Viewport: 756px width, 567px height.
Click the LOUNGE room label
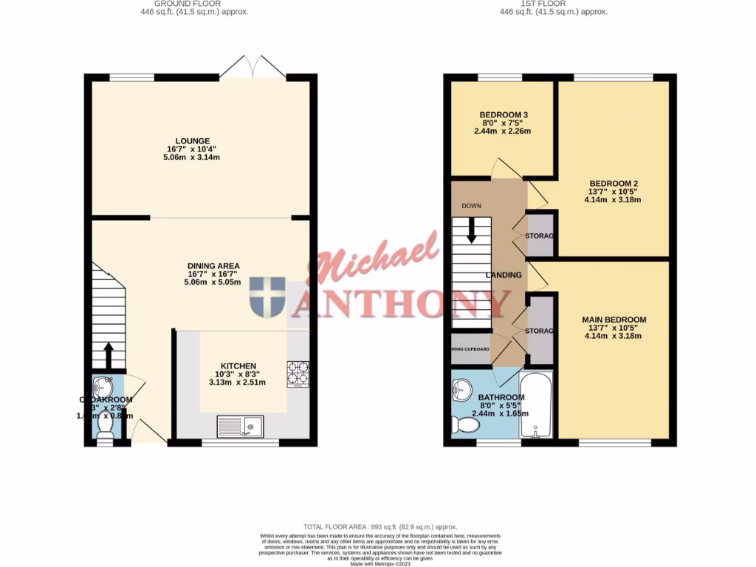(193, 141)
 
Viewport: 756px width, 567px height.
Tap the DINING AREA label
(213, 266)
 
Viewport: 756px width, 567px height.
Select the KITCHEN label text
(238, 366)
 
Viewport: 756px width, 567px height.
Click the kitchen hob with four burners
(298, 373)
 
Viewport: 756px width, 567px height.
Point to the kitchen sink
(241, 426)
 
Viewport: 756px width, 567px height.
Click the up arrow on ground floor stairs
(109, 354)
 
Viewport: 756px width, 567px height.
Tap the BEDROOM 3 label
(504, 115)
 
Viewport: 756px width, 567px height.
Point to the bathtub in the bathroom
(535, 405)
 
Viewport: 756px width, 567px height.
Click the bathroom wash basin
(463, 388)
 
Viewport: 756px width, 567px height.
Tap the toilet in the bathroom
(465, 426)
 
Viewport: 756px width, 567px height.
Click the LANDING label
(504, 275)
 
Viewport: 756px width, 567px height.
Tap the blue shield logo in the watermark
(267, 298)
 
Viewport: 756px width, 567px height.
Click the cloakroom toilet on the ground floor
(106, 436)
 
